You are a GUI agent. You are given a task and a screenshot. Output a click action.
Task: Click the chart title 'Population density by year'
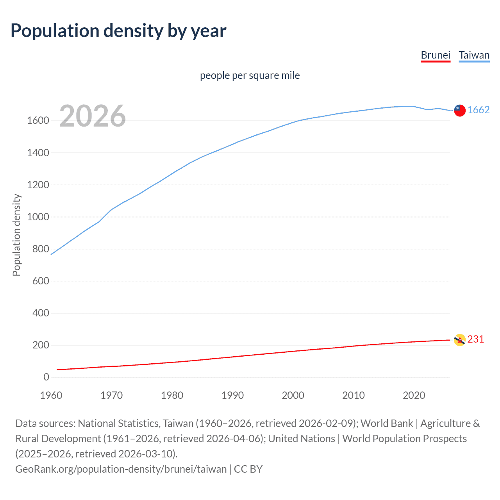tap(118, 31)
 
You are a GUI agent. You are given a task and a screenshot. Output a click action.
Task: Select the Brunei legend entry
tap(435, 55)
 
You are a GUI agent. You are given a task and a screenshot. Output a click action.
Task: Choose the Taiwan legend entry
tap(474, 55)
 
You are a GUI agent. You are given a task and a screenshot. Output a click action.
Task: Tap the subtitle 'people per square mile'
tap(250, 75)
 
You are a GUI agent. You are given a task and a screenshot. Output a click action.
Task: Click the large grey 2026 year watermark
tap(93, 116)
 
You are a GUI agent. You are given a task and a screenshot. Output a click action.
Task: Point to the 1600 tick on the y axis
tap(38, 121)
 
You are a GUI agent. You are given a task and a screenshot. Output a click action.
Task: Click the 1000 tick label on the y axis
tap(38, 217)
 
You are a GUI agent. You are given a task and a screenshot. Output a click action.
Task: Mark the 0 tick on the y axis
tap(46, 377)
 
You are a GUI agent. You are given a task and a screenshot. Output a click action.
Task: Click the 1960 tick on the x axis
tap(51, 395)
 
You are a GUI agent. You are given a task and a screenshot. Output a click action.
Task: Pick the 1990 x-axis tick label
tap(232, 395)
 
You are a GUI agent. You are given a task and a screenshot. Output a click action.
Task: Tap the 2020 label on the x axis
tap(414, 395)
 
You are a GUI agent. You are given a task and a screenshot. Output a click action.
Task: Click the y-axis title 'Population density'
tap(16, 235)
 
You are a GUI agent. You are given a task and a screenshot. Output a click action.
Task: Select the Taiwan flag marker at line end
tap(460, 111)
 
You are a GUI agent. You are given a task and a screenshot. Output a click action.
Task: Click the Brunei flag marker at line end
tap(460, 340)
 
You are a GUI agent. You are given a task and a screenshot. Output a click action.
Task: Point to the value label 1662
tap(479, 110)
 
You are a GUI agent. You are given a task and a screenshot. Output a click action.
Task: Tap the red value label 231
tap(475, 339)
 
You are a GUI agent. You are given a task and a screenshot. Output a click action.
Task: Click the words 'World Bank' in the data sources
tap(386, 423)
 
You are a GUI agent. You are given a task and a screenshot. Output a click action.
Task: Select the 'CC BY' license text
tap(248, 469)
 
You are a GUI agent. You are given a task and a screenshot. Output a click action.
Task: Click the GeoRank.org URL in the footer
tap(121, 469)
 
